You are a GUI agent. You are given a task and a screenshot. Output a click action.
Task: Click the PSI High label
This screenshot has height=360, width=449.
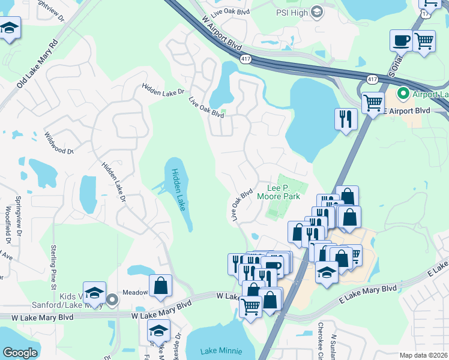(x=291, y=12)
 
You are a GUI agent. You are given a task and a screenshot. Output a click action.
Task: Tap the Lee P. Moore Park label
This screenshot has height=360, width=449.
(x=278, y=191)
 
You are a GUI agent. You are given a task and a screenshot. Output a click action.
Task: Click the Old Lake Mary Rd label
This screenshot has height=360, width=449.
(x=37, y=64)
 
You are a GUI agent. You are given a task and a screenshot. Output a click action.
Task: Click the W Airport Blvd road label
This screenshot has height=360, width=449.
(x=222, y=35)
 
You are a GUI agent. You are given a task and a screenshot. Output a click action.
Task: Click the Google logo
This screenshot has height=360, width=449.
(x=20, y=353)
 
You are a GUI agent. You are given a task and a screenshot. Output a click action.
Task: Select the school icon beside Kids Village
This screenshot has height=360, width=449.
(x=94, y=293)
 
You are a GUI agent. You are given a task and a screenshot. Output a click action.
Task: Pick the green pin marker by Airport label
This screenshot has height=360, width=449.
(x=403, y=94)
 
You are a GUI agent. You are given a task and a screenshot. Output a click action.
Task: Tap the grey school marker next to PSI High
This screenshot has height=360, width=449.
(x=317, y=12)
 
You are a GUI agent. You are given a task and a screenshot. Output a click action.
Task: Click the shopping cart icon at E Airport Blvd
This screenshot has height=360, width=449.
(x=373, y=102)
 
